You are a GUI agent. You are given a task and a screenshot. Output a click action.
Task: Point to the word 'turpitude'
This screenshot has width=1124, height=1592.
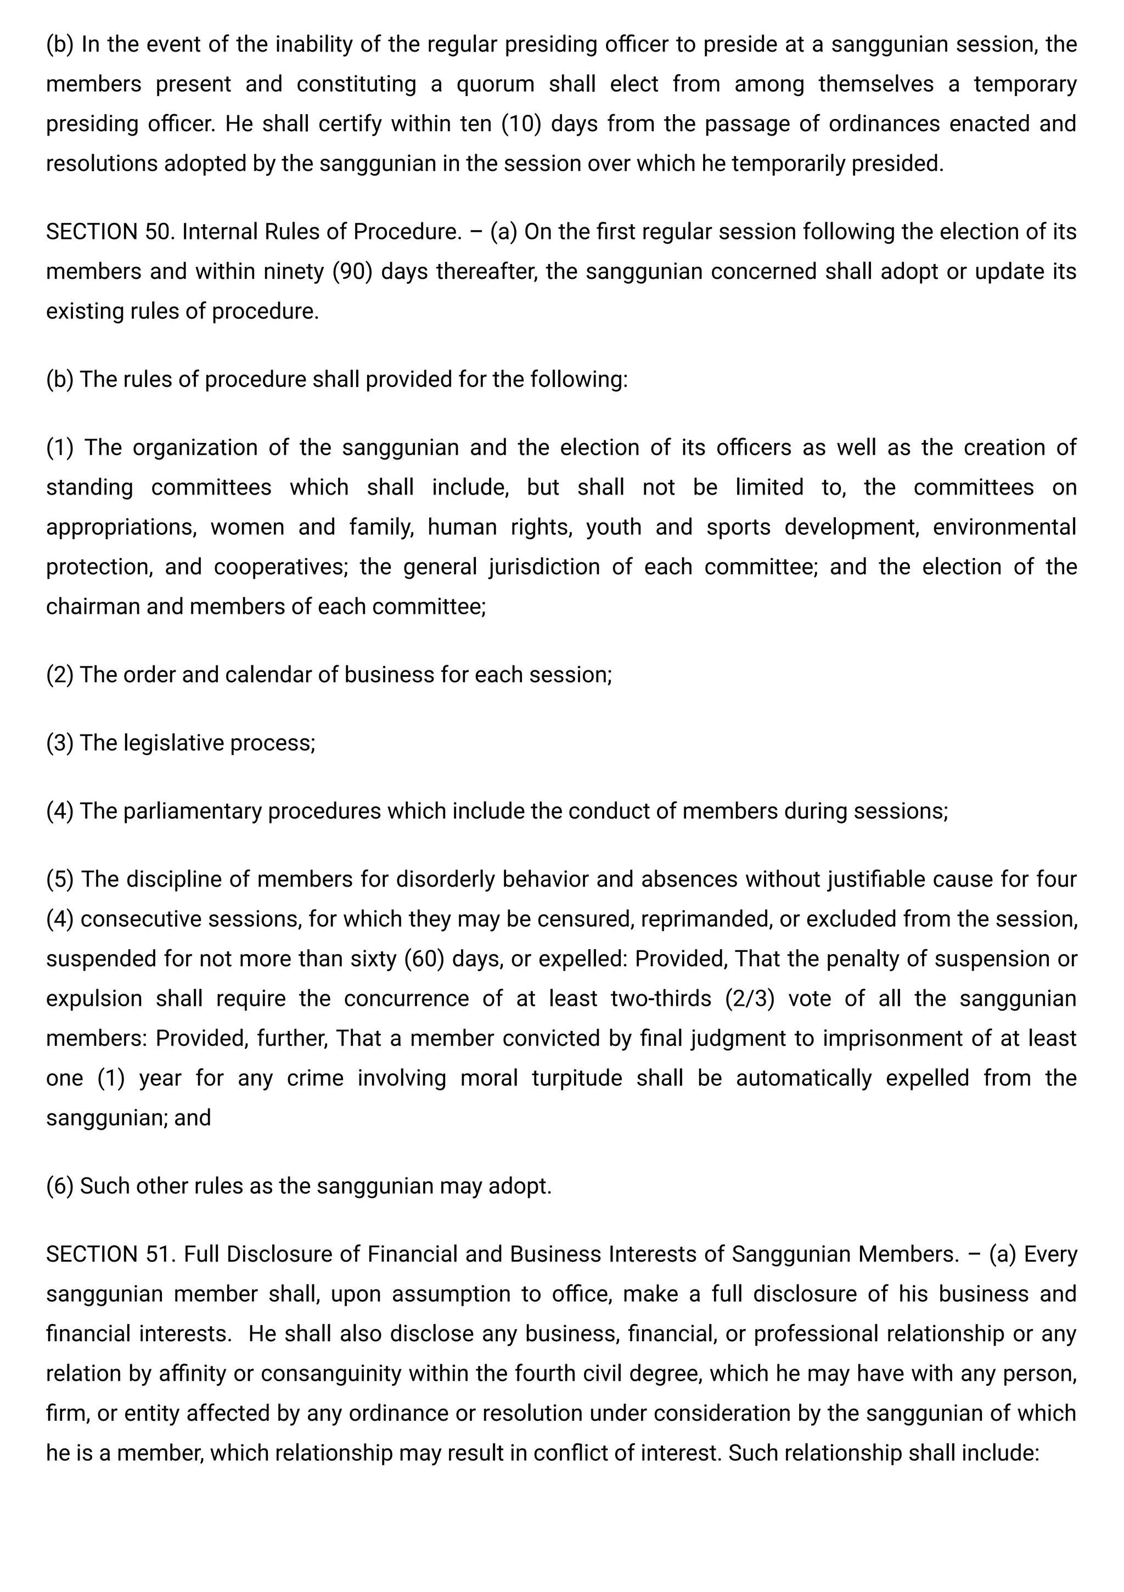click(x=577, y=1078)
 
